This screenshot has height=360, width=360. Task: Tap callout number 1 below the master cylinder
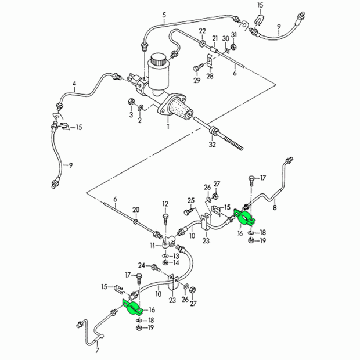point(168,126)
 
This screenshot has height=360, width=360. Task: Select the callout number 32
point(212,145)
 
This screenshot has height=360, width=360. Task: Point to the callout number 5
point(164,15)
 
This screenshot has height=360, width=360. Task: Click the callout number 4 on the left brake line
point(74,84)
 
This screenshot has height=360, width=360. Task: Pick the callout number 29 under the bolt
point(197,80)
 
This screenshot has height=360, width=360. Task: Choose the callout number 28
point(210,76)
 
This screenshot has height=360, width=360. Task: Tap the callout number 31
point(234,35)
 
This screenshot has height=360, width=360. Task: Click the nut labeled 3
point(131,101)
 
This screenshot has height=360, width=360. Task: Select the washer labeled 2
point(141,107)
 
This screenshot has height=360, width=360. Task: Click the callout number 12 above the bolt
point(165,204)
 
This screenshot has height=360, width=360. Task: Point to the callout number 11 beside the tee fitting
point(153,246)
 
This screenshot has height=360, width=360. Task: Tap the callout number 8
point(275,207)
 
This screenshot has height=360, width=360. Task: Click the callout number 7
point(97,350)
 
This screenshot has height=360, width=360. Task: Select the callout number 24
point(142,265)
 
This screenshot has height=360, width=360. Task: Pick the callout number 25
point(191,200)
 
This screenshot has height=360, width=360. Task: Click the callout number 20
point(136,210)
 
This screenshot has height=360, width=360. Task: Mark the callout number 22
point(202,31)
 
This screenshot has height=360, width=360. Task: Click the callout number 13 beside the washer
point(176,256)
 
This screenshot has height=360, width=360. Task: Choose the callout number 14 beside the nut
point(176,262)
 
